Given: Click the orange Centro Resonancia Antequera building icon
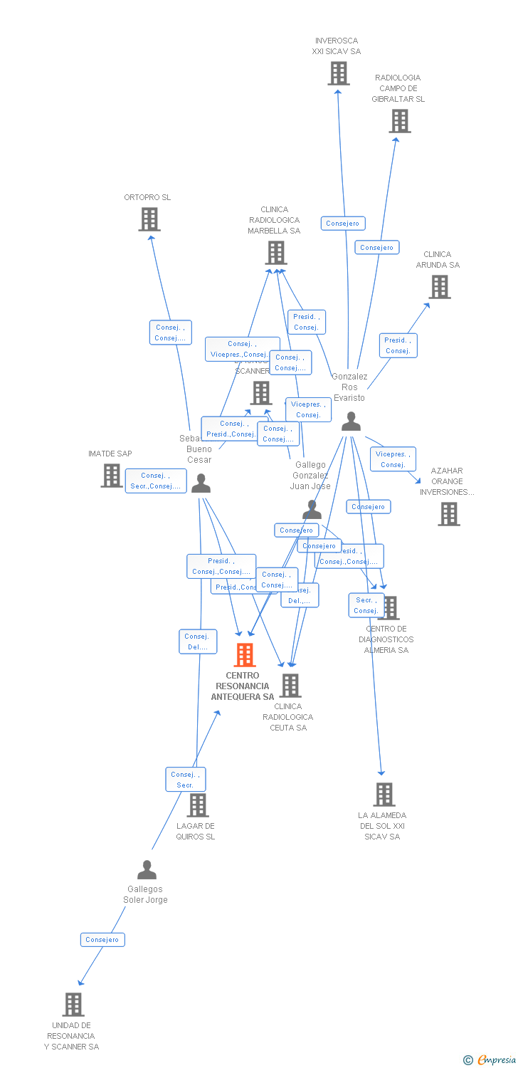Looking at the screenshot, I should [245, 654].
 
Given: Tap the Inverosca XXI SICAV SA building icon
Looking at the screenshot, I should [339, 73].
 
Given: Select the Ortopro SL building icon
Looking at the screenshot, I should [149, 219].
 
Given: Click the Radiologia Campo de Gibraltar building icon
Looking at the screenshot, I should [400, 121].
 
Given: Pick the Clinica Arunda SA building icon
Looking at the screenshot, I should [440, 287].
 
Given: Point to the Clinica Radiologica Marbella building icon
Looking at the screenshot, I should [276, 252].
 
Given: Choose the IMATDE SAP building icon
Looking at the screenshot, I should [112, 475].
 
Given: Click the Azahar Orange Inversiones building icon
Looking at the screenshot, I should [449, 513].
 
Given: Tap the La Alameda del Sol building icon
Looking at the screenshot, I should [384, 794].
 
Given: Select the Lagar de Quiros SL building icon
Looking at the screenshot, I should [198, 805].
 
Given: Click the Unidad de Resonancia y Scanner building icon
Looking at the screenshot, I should [73, 1004].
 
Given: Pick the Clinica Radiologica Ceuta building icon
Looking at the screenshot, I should [290, 685].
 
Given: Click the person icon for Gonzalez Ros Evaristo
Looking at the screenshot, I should [351, 422].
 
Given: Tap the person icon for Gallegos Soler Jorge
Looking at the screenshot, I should [147, 870].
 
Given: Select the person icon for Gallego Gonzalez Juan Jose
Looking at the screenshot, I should [312, 509].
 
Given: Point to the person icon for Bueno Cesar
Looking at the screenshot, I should [201, 483].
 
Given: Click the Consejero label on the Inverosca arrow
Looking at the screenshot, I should [343, 224].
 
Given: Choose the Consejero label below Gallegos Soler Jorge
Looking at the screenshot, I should [102, 940].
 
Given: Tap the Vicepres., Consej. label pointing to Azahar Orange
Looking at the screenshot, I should [393, 459].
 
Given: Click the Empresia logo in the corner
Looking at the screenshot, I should [490, 1060].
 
